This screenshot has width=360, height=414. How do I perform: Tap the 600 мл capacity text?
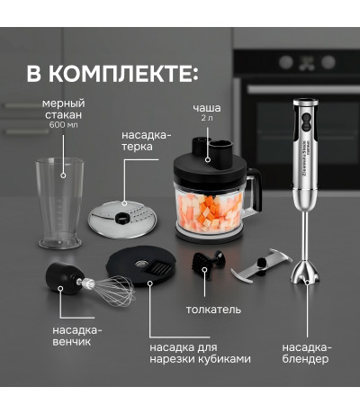(63, 125)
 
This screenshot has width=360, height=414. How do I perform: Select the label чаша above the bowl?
(207, 108)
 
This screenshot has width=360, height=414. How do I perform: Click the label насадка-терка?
(146, 140)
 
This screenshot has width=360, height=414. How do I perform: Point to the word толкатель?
(213, 310)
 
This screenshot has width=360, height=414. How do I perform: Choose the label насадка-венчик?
(77, 336)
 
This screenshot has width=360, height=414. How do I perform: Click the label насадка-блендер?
(307, 353)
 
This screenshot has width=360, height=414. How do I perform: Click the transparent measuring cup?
(60, 203)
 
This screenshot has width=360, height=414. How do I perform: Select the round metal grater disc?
(122, 220)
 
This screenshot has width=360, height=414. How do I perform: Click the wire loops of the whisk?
(113, 291)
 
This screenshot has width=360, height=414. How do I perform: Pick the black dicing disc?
(141, 265)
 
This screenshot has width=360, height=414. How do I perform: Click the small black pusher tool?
(208, 261)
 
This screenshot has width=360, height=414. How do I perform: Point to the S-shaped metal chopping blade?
(261, 265)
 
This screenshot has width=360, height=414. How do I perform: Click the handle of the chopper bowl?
(254, 192)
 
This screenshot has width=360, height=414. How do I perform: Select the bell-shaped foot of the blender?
(305, 273)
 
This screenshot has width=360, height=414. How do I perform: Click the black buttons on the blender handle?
(306, 122)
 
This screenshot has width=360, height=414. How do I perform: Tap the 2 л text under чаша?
(207, 118)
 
